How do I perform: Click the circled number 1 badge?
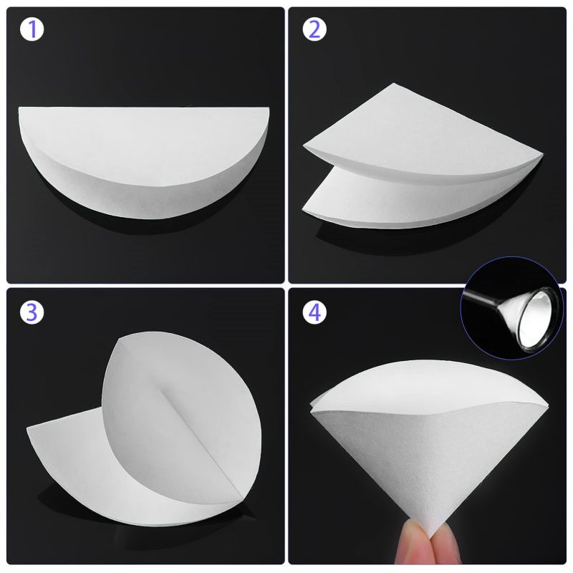click(32, 30)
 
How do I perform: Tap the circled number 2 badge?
click(314, 30)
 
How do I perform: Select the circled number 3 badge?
click(32, 312)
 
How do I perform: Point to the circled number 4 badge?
click(314, 312)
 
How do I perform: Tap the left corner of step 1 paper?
click(20, 111)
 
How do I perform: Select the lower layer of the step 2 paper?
click(401, 201)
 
